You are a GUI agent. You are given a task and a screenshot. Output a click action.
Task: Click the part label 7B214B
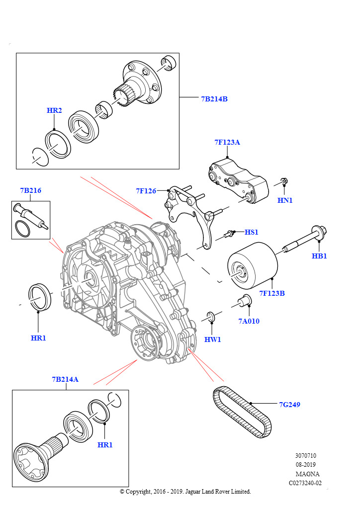coord(214,99)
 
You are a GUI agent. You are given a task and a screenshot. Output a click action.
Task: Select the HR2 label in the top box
coord(54,110)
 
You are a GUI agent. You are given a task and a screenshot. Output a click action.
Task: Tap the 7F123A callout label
coord(227,142)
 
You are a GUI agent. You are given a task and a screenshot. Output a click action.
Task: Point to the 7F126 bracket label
coord(146,191)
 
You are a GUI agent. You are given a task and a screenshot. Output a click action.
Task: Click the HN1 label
coord(285,200)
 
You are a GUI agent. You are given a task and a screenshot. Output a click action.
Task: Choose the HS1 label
coord(252,232)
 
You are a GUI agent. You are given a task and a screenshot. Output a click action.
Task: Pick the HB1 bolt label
coord(319,256)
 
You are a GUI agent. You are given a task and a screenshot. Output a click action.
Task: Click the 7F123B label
coord(272,293)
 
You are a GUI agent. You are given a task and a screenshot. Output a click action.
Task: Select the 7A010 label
coord(249,321)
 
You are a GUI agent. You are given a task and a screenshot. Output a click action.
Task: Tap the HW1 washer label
coord(213,339)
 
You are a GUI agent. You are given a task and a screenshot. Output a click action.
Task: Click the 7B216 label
coord(30,190)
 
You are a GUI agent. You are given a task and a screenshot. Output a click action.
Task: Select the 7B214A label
coord(65,379)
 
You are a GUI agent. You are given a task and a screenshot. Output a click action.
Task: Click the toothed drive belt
coord(242,412)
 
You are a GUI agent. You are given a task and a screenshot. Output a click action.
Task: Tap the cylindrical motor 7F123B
coord(253,265)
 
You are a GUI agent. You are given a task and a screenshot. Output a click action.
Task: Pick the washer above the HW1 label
coord(210,316)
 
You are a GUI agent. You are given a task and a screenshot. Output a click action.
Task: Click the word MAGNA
coord(307,474)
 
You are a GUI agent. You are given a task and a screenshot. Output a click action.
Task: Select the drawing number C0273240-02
coord(305,483)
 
